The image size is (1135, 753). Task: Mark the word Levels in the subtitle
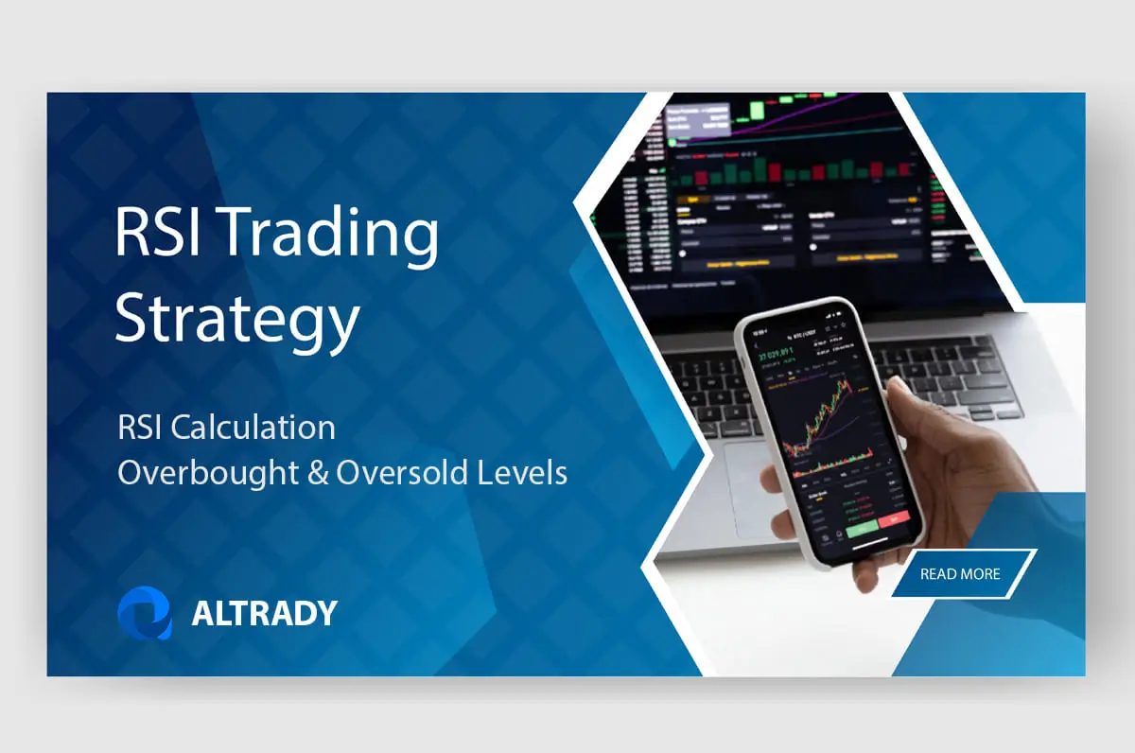(x=519, y=472)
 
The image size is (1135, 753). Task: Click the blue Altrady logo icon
(x=145, y=613)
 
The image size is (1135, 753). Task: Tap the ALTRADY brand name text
(x=264, y=614)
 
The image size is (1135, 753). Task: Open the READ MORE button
(x=960, y=573)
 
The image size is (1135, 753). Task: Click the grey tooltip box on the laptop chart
(x=698, y=121)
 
